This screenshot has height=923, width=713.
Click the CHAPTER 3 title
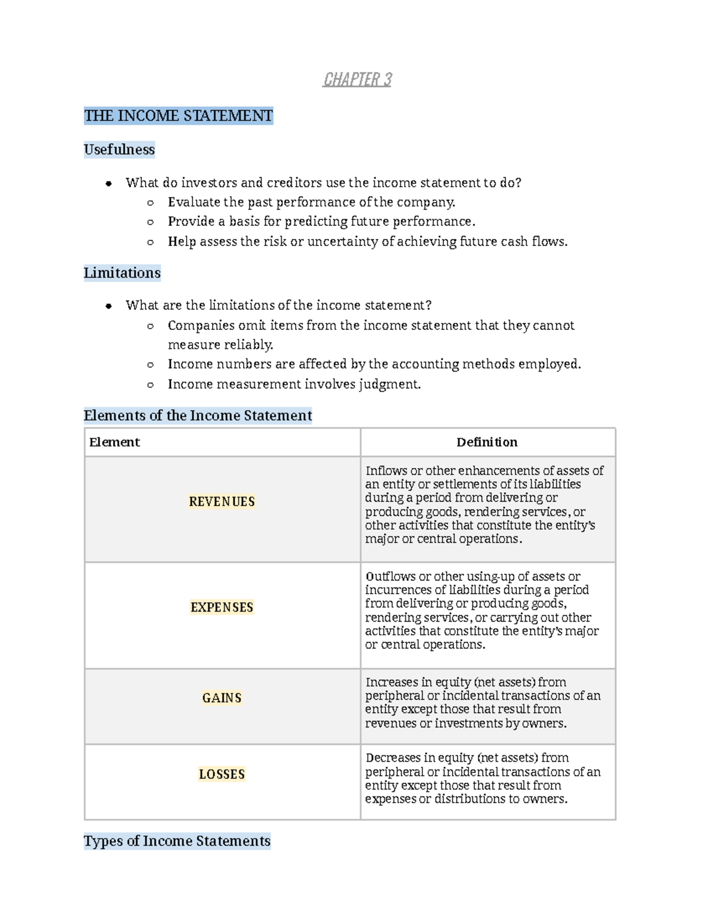tap(357, 79)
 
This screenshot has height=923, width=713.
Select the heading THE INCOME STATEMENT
tap(178, 115)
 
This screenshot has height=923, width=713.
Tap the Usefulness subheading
tap(119, 150)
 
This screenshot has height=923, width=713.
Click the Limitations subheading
tap(122, 273)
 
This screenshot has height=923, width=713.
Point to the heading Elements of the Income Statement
tap(197, 415)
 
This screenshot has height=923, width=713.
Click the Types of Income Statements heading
tap(177, 841)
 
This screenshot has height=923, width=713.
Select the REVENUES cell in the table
tap(222, 502)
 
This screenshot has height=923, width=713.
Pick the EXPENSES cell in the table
tap(222, 607)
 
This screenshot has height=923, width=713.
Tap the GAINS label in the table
tap(222, 698)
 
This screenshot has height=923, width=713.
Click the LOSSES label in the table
tap(222, 774)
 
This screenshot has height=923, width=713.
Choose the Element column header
tap(115, 442)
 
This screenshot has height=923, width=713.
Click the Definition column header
tap(487, 442)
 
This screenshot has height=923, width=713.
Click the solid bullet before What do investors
tap(109, 184)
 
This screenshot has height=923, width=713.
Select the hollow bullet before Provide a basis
tap(150, 222)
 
